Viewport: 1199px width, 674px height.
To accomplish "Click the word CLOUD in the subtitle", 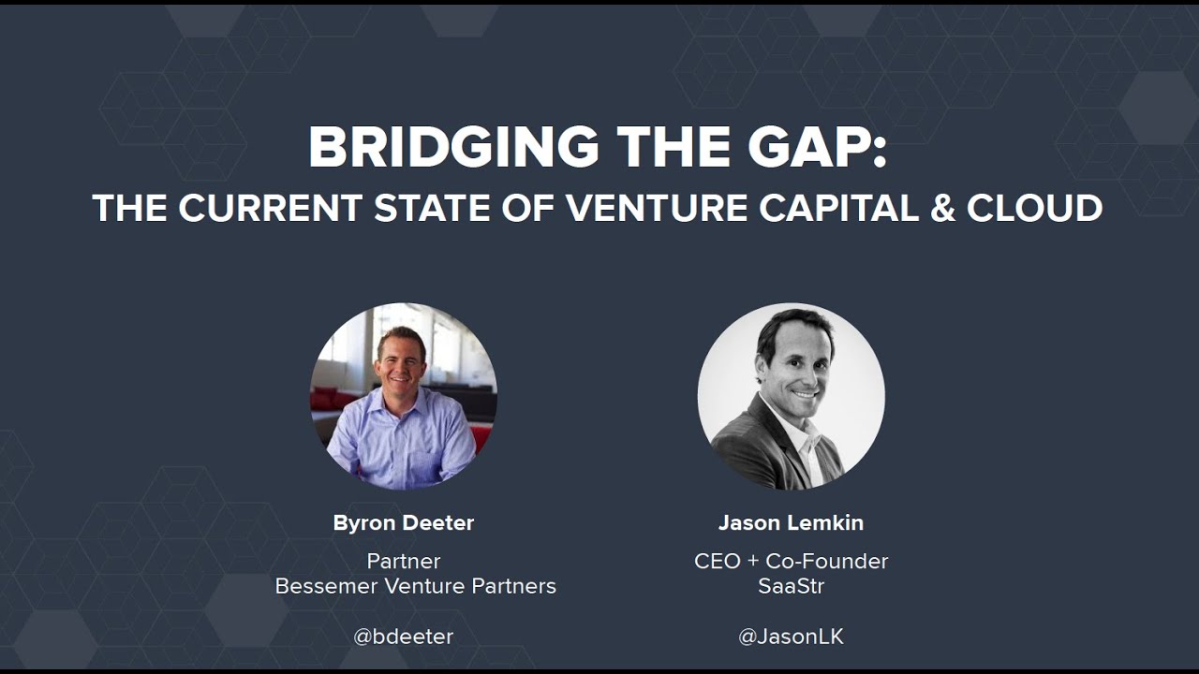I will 1034,208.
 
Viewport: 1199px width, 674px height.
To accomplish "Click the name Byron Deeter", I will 404,523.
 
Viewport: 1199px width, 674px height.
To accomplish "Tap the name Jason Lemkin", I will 791,523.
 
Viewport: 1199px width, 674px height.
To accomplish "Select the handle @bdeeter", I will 404,637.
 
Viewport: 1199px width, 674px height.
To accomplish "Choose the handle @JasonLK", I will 791,637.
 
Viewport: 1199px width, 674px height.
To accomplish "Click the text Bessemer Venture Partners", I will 415,586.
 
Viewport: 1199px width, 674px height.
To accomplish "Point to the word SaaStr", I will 791,586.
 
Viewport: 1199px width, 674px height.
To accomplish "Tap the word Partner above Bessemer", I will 404,561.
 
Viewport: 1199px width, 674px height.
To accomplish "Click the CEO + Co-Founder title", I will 791,561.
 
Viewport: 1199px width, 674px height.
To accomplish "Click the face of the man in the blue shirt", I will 401,360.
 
